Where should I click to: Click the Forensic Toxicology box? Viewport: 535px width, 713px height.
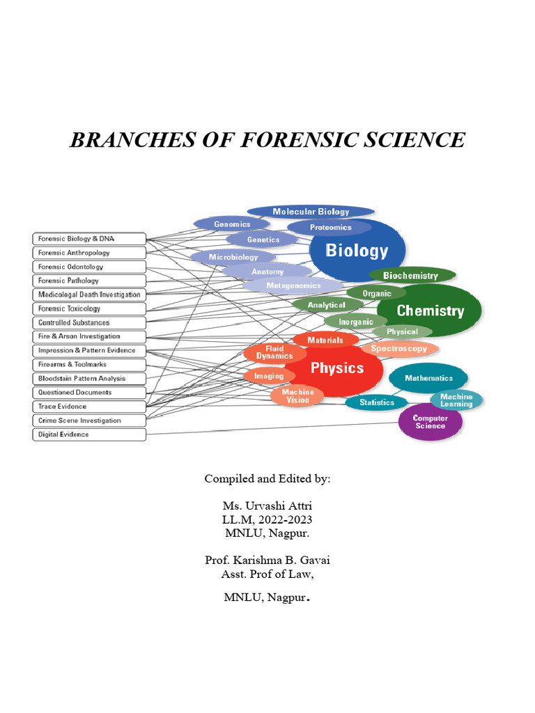(89, 308)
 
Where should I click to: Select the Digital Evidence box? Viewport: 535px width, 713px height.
(89, 434)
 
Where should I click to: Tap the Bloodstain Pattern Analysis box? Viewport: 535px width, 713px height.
(89, 379)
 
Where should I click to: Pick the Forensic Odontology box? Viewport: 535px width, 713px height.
(89, 267)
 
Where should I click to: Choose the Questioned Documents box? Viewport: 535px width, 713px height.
(89, 393)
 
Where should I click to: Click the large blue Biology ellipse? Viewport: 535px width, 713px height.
(357, 251)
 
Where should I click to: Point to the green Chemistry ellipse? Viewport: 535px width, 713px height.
(430, 311)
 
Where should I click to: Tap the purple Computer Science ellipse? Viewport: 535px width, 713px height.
(430, 422)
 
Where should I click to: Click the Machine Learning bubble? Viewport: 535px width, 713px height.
(456, 400)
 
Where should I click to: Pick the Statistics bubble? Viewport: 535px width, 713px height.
(377, 402)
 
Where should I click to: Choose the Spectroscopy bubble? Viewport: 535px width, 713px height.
(399, 349)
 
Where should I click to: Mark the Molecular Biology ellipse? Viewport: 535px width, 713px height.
(311, 212)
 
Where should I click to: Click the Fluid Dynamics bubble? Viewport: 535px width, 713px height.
(274, 352)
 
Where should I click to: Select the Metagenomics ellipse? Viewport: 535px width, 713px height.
(293, 285)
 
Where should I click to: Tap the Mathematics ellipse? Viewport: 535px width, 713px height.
(428, 378)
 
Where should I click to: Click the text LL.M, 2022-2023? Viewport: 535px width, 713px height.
(267, 519)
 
